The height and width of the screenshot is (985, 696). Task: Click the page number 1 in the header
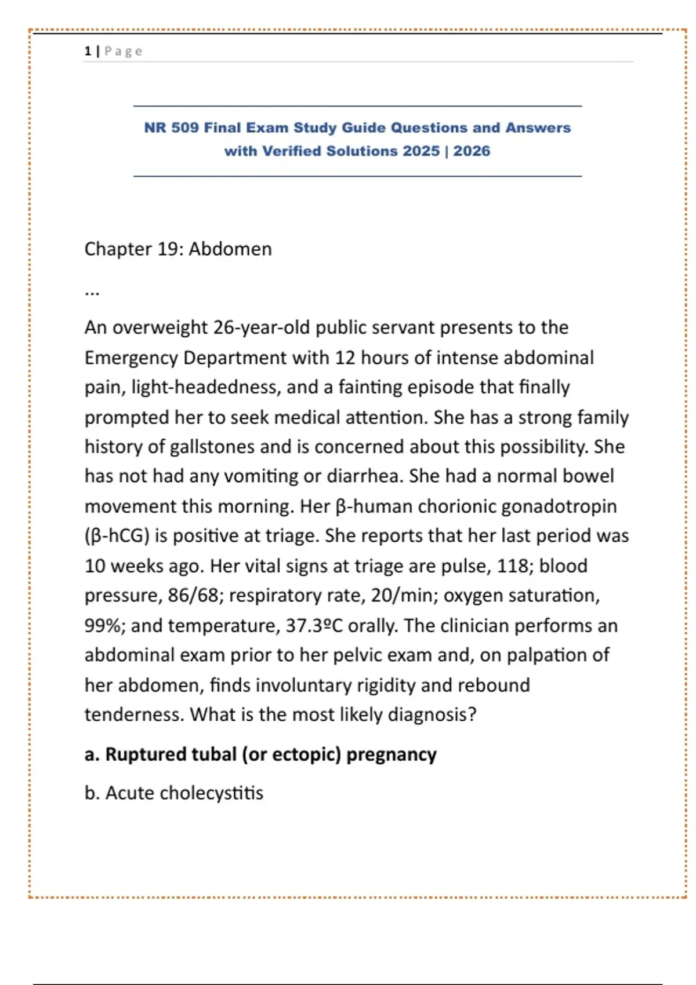(88, 51)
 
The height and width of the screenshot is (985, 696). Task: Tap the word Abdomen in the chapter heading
(230, 249)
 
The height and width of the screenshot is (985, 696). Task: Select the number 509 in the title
(184, 127)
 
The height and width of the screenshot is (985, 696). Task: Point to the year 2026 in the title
(472, 151)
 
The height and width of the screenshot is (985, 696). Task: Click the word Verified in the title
(292, 151)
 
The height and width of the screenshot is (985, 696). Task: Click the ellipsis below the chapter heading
(92, 292)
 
